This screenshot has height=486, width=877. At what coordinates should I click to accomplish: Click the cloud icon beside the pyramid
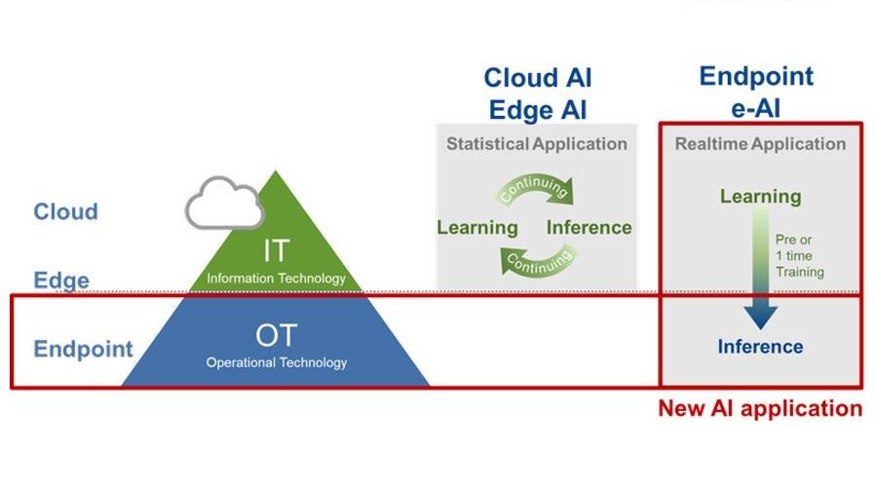(225, 204)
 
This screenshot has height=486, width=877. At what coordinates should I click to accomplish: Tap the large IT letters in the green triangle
(277, 250)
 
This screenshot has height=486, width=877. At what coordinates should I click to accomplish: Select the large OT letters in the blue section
(276, 336)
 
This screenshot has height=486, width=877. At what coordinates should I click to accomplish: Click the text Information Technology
(277, 279)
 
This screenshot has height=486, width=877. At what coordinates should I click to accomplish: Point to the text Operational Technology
(277, 362)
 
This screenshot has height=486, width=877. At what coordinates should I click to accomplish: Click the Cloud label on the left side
(65, 212)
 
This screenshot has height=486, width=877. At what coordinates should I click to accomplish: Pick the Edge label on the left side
(61, 280)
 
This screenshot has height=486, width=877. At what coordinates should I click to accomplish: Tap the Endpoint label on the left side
(84, 349)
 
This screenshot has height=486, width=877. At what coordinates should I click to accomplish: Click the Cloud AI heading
(538, 78)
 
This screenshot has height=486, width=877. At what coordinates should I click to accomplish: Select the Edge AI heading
(538, 110)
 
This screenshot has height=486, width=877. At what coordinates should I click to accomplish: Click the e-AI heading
(755, 108)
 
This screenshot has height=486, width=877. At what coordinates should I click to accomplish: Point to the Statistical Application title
(536, 144)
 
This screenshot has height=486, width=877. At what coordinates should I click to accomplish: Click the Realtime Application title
(760, 144)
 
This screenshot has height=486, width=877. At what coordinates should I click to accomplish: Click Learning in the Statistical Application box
(477, 228)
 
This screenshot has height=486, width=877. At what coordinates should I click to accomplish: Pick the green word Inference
(589, 228)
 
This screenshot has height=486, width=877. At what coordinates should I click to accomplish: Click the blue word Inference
(760, 347)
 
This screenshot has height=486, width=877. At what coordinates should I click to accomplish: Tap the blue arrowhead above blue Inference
(761, 317)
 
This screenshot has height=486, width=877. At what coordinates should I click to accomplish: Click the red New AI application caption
(760, 408)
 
